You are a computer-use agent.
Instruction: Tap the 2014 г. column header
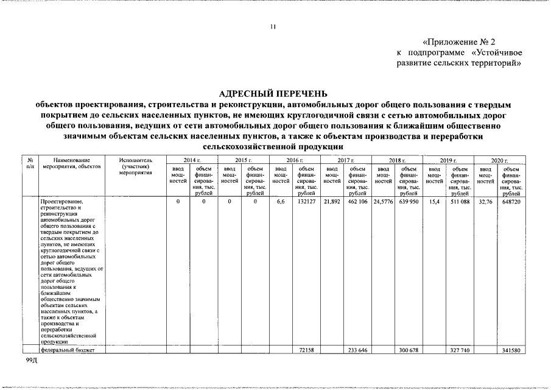(192, 160)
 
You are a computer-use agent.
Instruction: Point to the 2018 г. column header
(397, 160)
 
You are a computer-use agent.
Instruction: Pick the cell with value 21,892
(332, 201)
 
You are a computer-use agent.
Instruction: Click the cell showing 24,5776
(384, 201)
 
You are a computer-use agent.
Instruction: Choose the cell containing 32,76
(485, 201)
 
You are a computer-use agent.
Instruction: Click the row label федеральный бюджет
(64, 350)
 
